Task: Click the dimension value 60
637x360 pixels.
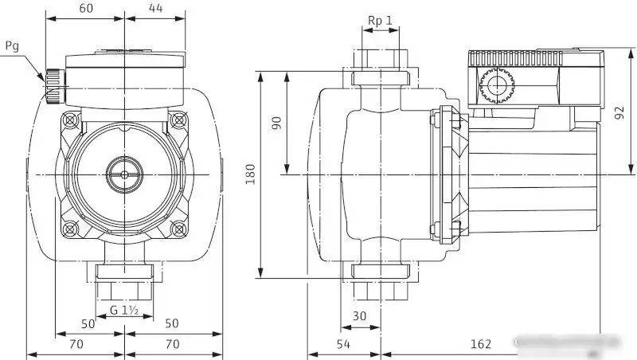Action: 85,8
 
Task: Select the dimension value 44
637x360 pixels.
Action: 155,8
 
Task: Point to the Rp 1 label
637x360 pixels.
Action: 381,20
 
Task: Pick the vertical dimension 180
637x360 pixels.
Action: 249,174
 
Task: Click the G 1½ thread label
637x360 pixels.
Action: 125,310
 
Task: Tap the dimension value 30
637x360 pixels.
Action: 360,315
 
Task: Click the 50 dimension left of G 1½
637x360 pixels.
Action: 88,324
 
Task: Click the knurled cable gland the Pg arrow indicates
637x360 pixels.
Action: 53,86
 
